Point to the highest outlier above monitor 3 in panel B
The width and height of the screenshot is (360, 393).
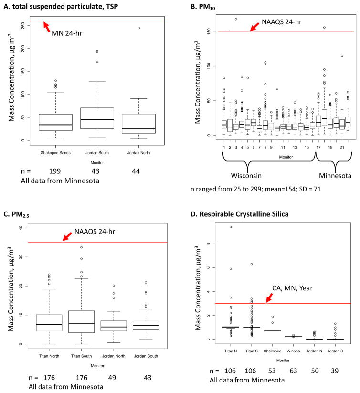pyautogui.click(x=236, y=19)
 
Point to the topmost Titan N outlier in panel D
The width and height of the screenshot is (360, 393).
pyautogui.click(x=231, y=227)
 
